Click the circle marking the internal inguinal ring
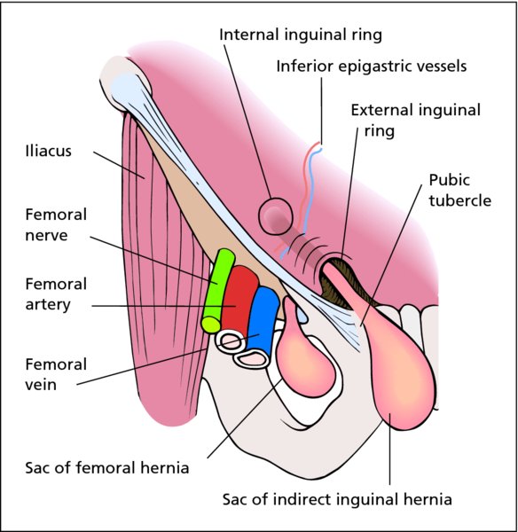[275, 216]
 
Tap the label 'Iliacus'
[49, 151]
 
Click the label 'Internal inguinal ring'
[301, 35]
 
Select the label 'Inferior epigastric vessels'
[372, 66]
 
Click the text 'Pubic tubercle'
[459, 190]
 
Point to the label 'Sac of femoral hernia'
[107, 467]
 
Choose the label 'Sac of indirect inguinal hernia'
[337, 499]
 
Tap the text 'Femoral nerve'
[56, 224]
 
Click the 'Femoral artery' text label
[56, 294]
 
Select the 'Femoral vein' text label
[56, 374]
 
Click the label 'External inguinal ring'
[415, 121]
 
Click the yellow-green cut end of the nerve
[211, 324]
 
